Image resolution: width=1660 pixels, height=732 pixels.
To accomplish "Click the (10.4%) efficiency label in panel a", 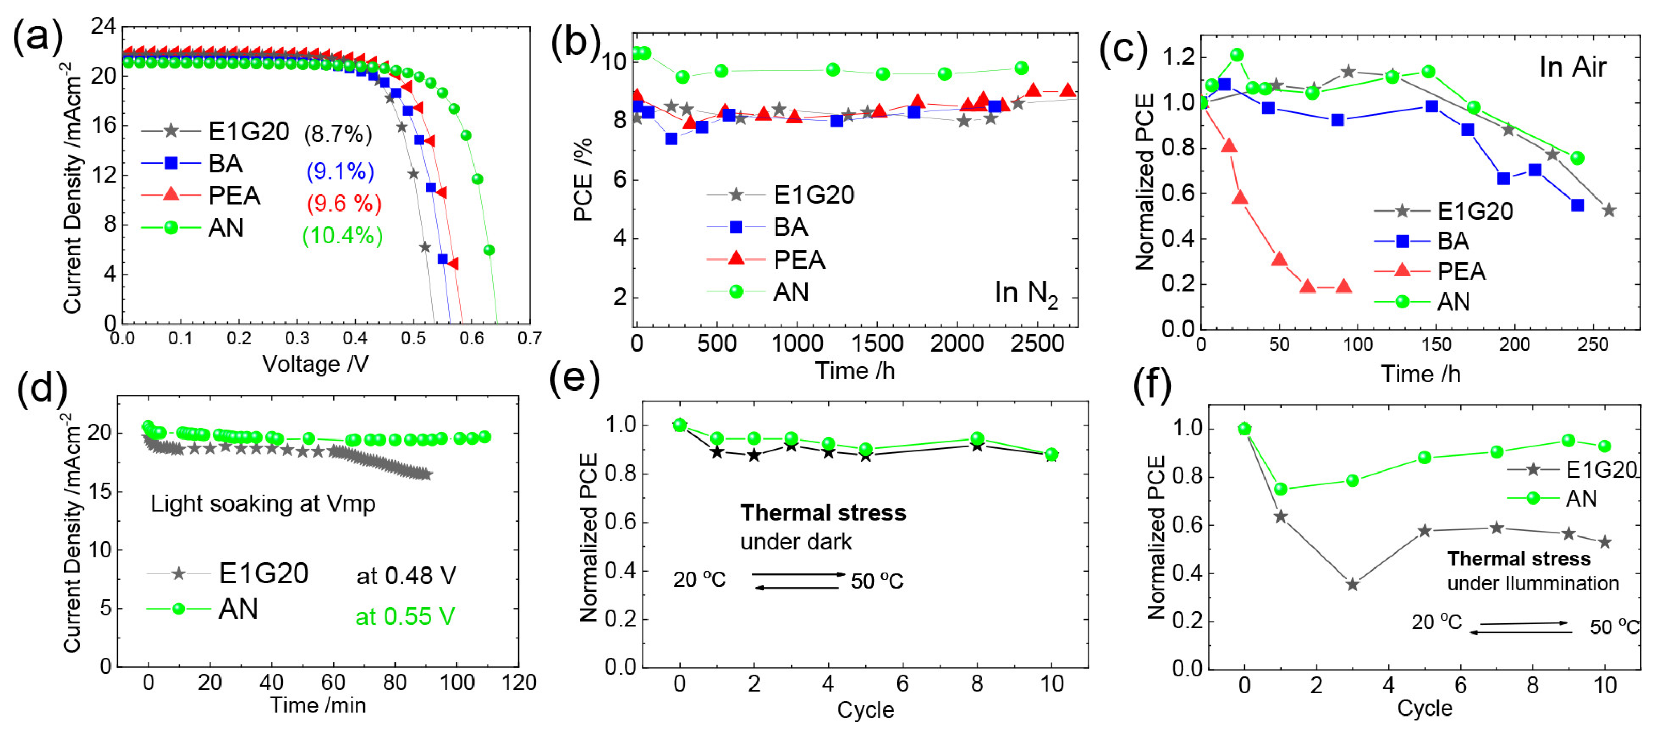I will point(342,236).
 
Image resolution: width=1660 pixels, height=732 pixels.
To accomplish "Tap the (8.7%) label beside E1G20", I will point(338,134).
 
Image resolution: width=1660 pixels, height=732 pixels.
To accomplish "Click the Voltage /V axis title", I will point(315,364).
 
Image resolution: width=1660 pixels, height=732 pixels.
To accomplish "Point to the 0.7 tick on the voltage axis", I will point(529,338).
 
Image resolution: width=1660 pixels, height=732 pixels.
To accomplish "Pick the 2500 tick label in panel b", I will point(1037,343).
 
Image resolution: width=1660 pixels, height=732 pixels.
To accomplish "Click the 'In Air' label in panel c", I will point(1572,68).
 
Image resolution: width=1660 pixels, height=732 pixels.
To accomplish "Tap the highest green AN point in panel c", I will point(1237,55).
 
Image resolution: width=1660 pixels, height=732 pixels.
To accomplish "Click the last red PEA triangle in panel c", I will point(1343,286).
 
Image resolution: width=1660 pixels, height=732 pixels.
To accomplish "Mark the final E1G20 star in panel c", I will point(1608,210).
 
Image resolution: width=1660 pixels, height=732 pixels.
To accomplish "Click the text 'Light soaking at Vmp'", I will point(263,503).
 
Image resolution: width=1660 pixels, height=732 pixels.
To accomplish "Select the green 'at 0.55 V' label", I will point(405,617).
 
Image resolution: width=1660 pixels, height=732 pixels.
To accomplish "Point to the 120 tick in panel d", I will point(519,682).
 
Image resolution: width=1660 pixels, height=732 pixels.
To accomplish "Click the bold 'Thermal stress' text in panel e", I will point(823,513).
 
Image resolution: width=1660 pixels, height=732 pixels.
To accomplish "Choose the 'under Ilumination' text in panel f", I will point(1532,583).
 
